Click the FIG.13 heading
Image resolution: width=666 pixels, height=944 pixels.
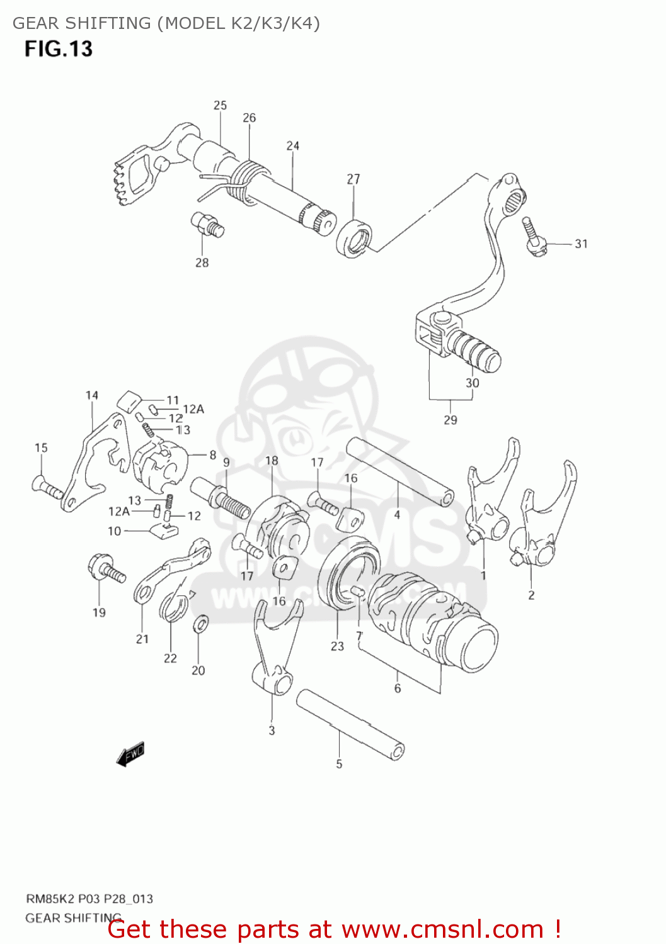59,49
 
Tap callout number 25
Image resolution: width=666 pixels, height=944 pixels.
220,106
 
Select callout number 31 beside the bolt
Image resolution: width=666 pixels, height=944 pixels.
581,244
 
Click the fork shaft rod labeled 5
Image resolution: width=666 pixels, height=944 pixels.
350,724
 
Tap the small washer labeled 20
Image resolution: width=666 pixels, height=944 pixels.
201,624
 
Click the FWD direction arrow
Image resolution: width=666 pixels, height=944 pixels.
131,753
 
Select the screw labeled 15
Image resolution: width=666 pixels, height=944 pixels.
48,487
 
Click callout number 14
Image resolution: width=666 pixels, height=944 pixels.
92,395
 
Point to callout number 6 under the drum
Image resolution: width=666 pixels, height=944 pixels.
398,688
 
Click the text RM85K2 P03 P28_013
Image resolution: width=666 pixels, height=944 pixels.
89,899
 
